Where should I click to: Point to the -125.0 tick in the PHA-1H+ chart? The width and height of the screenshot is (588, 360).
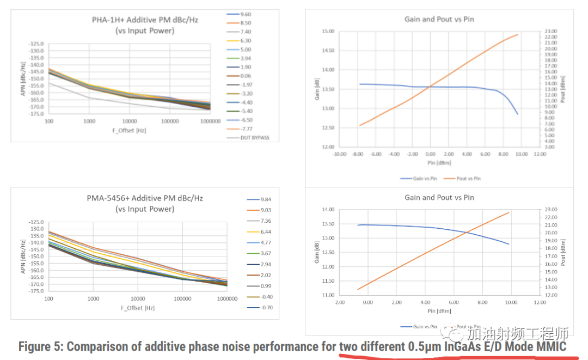coord(36,44)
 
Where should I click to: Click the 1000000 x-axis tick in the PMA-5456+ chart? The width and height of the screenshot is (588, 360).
coord(226,299)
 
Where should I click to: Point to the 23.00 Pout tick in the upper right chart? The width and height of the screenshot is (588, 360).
coord(552,32)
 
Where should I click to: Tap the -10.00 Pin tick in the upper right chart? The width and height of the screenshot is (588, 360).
coord(340,154)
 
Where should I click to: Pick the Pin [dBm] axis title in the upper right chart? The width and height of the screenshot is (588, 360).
coord(439,162)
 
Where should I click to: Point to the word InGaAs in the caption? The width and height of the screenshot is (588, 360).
coord(464,346)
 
